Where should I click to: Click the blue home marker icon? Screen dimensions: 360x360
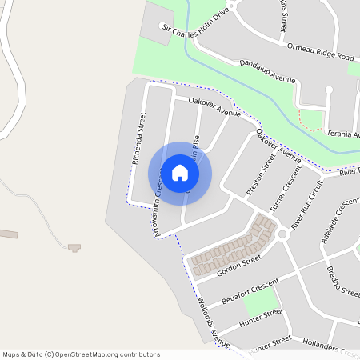coord(180,172)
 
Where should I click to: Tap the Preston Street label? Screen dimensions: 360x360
coord(261,174)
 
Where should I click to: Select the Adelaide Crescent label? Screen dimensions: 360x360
coord(339,220)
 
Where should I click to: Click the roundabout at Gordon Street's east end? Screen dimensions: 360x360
coord(282,234)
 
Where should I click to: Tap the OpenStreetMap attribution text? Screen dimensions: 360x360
coord(82,354)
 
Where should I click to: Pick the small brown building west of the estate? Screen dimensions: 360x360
coord(74,247)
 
